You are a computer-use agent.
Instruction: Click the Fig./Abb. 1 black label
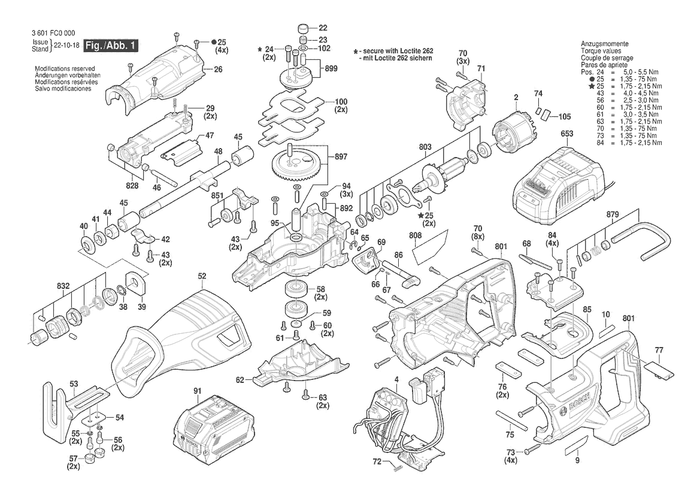pos(111,46)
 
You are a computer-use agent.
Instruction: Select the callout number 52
pos(202,276)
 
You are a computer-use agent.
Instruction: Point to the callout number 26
pos(217,70)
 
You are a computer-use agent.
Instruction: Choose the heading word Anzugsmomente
pos(604,44)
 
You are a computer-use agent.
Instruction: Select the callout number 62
pos(240,379)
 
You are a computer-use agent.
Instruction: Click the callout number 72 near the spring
pos(377,461)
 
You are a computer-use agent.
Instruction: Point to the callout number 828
pos(132,186)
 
